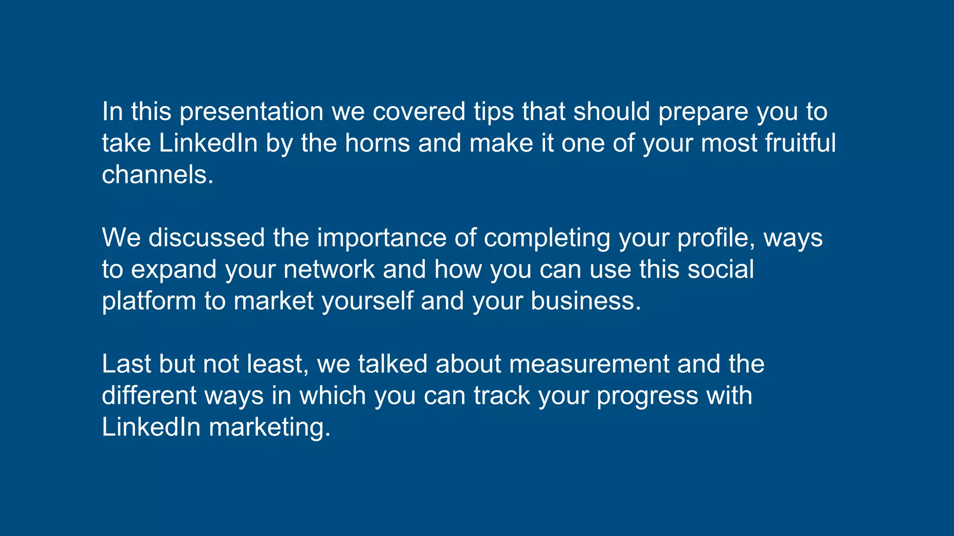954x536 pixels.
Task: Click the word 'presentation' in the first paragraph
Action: coord(252,112)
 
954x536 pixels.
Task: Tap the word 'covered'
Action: coord(419,112)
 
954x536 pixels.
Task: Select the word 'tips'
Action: coord(494,112)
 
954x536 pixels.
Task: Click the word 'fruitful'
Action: coord(800,143)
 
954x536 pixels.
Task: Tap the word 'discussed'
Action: coord(206,238)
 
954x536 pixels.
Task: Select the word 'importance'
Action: coord(382,238)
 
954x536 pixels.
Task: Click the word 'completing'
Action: coord(547,238)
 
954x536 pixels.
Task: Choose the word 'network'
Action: coord(329,269)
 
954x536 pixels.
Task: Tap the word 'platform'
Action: coord(149,301)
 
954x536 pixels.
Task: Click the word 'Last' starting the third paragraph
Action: coord(126,364)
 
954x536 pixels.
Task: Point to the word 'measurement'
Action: coord(589,364)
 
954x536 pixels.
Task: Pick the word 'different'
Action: coord(149,395)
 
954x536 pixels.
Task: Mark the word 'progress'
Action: coord(647,395)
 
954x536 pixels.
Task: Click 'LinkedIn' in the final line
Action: coord(151,427)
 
